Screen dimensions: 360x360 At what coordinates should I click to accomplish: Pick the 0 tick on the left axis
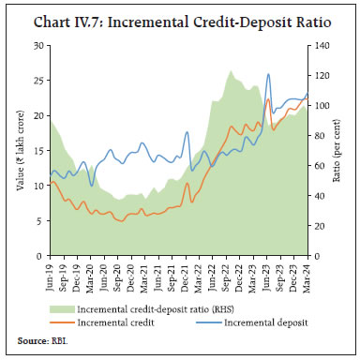click(x=40, y=256)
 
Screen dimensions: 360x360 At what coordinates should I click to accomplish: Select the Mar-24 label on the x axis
click(x=307, y=274)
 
